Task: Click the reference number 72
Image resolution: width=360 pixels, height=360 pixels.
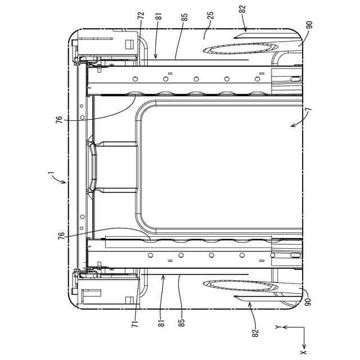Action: click(x=141, y=16)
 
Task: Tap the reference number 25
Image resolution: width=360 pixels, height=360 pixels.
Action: click(x=210, y=15)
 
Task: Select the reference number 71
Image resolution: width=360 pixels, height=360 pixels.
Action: click(x=136, y=324)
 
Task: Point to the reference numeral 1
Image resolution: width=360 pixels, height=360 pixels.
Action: click(x=51, y=173)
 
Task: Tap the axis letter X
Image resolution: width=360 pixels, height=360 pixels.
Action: click(x=304, y=353)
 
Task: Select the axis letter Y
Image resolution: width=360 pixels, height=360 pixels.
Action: click(x=278, y=327)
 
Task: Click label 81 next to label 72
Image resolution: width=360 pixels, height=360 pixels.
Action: click(x=159, y=17)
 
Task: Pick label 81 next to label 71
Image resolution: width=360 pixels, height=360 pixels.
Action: click(x=162, y=322)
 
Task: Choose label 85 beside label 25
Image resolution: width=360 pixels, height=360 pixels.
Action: click(x=184, y=17)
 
